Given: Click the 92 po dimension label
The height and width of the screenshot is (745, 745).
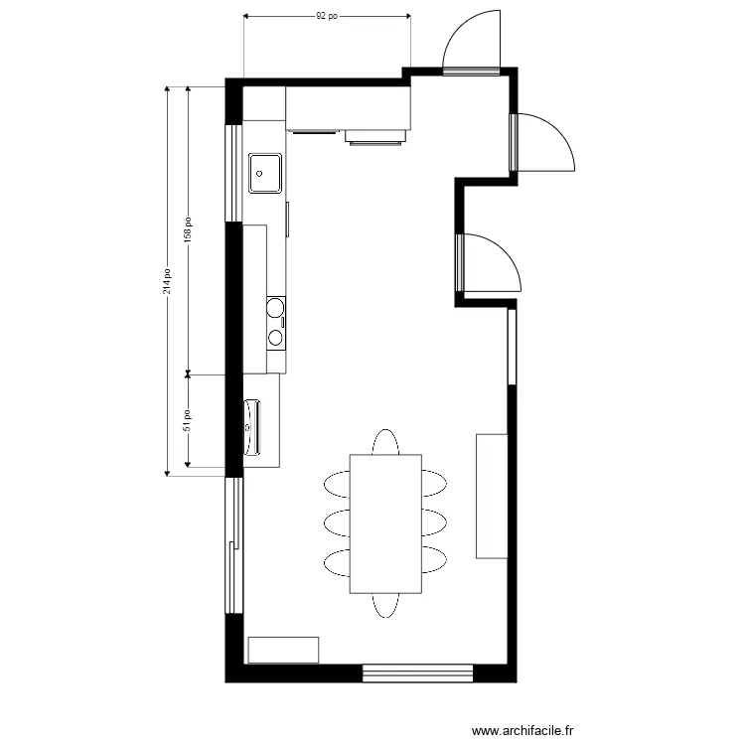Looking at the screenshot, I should [x=327, y=16].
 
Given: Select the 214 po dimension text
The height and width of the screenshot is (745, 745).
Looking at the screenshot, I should [x=168, y=281].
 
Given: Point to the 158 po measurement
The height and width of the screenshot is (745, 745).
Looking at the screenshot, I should [x=188, y=230].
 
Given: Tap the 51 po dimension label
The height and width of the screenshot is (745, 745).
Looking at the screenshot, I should [x=188, y=420].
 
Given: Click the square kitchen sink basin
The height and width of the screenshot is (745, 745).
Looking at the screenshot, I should [x=264, y=173].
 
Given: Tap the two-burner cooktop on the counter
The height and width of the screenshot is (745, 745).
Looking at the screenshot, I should [x=276, y=323].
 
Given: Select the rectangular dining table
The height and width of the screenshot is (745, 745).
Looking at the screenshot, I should [x=385, y=523].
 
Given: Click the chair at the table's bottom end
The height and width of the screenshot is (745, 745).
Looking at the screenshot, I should [x=385, y=605].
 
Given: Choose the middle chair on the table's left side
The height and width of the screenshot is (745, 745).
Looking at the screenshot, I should [x=338, y=522].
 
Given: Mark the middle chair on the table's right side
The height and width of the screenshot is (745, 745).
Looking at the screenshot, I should [x=434, y=522].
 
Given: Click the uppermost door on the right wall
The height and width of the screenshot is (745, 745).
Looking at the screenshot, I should [x=541, y=142].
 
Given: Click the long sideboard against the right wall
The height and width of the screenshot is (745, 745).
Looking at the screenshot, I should [x=492, y=496].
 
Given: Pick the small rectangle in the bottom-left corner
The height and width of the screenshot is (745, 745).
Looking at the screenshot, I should [x=283, y=650].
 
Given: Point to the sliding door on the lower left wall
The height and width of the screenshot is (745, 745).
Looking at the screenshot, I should [x=233, y=545].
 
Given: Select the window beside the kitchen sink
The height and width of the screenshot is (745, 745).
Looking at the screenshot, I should [x=234, y=172].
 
